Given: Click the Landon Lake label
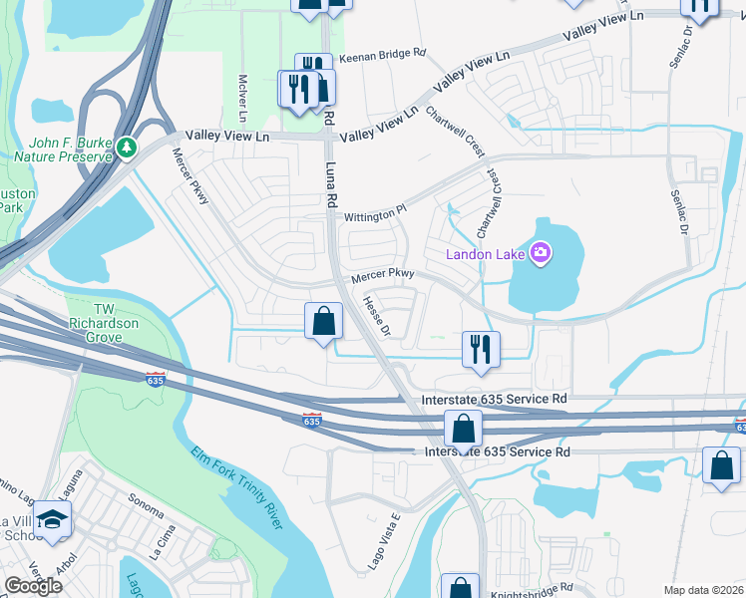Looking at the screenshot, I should point(486,253).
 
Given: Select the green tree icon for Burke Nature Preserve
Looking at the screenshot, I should point(127,149).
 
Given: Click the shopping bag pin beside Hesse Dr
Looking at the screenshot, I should point(323,321).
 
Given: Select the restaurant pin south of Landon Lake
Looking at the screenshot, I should point(481,349).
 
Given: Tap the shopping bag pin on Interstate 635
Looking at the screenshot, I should point(464,430).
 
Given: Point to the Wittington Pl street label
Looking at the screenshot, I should point(376,213).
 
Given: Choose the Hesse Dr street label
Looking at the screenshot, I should point(376,315).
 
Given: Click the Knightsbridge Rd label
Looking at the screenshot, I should point(533,591).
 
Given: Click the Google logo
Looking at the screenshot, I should point(33,586).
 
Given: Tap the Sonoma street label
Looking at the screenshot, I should point(146,502).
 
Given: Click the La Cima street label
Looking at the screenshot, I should point(162,546).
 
